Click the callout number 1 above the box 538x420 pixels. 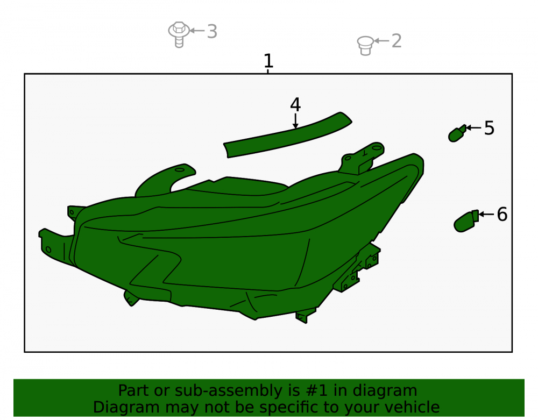point(268,61)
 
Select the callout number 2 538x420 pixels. point(397,41)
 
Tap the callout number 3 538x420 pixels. point(212,32)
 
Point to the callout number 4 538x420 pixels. point(295,104)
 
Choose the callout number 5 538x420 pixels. point(489,128)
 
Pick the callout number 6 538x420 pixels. point(502,214)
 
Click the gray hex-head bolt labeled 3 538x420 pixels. point(179,34)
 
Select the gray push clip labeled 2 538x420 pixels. point(365,46)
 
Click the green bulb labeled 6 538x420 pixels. point(466,222)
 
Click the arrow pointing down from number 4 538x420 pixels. point(295,121)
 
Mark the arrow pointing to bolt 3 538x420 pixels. point(197,31)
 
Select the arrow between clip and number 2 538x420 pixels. point(381,41)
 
